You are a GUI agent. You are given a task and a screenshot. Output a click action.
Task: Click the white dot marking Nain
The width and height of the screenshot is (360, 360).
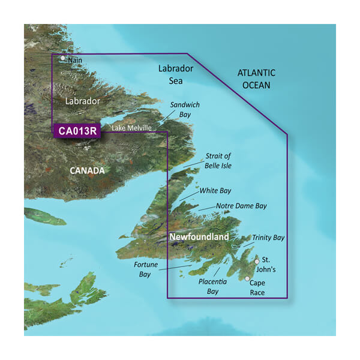click(x=63, y=58)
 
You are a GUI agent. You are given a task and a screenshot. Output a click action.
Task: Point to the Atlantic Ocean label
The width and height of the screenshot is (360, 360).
click(x=256, y=79)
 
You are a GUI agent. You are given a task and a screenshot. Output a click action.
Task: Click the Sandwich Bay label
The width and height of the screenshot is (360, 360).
click(x=185, y=109)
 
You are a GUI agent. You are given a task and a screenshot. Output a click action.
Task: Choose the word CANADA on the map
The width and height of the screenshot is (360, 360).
click(x=88, y=171)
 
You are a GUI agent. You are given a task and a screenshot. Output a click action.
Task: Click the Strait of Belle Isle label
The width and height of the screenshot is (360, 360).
click(x=218, y=161)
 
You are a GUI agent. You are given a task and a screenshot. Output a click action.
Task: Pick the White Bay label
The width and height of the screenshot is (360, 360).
click(x=215, y=191)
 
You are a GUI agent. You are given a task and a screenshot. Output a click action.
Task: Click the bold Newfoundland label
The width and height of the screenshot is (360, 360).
click(x=199, y=238)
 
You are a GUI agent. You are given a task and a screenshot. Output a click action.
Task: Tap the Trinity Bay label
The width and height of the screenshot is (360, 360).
click(x=268, y=238)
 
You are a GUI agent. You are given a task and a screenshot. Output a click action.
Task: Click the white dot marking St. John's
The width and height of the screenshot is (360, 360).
click(x=257, y=261)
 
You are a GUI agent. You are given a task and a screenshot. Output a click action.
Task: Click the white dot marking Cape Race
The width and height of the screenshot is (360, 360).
click(x=247, y=279)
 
